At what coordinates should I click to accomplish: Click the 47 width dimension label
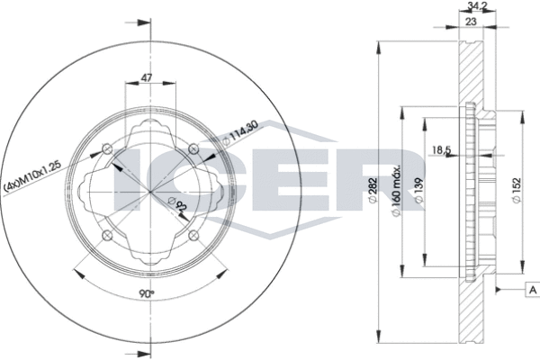(147, 78)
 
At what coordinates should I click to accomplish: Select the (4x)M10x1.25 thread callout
(32, 176)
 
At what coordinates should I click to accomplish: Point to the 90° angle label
(147, 293)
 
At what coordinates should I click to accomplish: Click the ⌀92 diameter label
(177, 204)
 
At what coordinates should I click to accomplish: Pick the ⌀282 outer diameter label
(373, 191)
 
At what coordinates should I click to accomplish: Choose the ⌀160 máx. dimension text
(396, 191)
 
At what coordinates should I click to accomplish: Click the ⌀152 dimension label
(517, 191)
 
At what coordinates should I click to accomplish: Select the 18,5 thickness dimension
(442, 149)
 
